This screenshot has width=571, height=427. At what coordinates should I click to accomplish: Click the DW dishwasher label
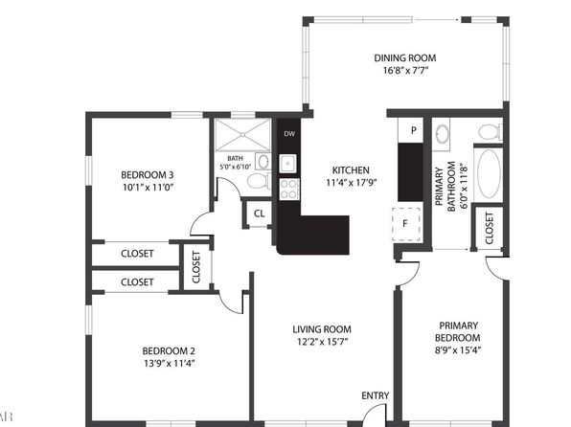289,134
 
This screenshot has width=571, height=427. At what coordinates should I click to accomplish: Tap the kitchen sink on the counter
288,164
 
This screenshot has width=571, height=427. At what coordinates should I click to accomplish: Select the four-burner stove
289,190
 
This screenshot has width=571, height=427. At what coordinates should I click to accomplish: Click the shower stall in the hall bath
242,135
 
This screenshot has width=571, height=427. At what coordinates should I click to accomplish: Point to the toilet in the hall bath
259,181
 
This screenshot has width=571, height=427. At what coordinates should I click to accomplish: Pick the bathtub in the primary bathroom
489,174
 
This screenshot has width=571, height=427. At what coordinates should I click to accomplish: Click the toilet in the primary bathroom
491,132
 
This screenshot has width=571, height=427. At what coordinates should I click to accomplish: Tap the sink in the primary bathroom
442,134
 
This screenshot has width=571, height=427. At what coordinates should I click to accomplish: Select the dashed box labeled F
406,224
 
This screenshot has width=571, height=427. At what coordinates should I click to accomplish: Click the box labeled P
410,130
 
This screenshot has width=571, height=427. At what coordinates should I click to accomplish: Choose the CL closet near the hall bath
260,213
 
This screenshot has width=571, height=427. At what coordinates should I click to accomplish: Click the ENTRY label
376,395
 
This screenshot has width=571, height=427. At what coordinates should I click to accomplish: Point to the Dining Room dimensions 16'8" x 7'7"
405,70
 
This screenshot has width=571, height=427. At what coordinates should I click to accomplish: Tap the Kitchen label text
351,170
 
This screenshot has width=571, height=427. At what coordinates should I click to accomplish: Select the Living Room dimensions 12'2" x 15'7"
322,342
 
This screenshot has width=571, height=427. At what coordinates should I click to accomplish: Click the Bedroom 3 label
148,175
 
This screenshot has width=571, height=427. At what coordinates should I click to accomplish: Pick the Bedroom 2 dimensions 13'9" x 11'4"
169,363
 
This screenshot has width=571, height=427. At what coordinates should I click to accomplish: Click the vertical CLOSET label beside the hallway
196,267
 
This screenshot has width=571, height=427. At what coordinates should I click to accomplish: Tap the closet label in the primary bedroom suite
490,228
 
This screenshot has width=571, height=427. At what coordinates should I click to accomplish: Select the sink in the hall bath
263,161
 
